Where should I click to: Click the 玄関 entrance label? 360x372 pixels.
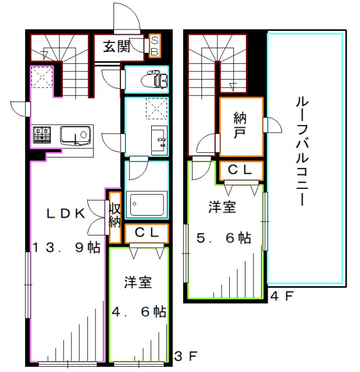[116, 46]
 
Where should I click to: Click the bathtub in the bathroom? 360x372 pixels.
[146, 205]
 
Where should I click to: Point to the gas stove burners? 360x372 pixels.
[42, 135]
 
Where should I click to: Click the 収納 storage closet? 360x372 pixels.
[115, 216]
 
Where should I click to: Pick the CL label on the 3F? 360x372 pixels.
[146, 233]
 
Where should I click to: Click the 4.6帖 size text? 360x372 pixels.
[138, 312]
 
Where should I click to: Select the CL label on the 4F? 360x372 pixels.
[240, 170]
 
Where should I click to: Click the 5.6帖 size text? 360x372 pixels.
[224, 238]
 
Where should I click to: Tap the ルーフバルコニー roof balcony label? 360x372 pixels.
[302, 151]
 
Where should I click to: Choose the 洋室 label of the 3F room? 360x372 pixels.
[138, 283]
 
